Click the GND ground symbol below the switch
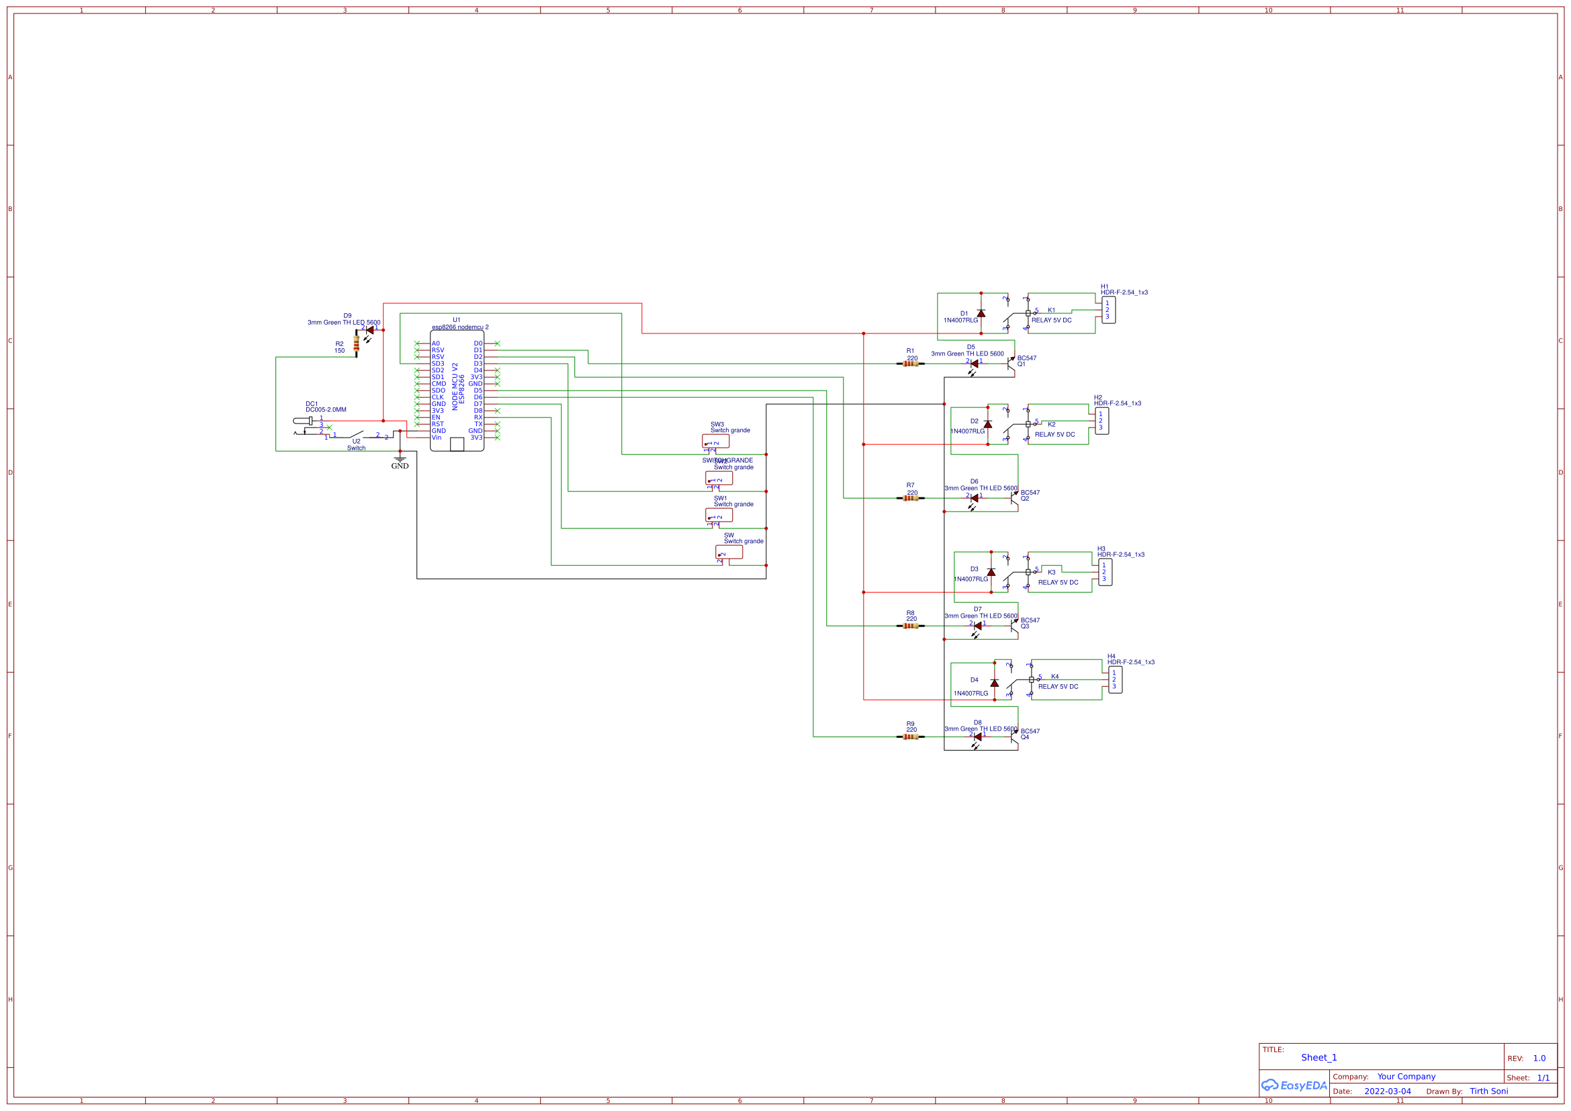[400, 460]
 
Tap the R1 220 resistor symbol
[910, 364]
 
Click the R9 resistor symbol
[910, 737]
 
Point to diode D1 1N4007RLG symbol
[981, 313]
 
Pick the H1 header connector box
[1108, 310]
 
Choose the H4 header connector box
[1115, 680]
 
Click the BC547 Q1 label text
[1026, 361]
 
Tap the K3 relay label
[1052, 572]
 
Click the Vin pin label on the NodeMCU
[437, 438]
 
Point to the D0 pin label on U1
[478, 343]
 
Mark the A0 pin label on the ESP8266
[436, 343]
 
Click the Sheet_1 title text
[1318, 1058]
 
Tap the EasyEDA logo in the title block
[1293, 1085]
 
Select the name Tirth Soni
[1488, 1091]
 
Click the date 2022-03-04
[1387, 1092]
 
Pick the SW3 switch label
[717, 424]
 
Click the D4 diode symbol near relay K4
[994, 683]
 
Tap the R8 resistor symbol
[910, 626]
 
